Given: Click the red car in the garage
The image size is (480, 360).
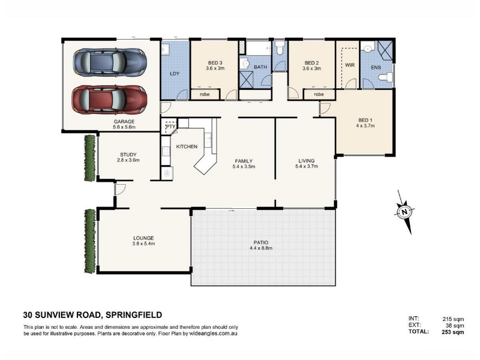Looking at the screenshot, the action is (109, 100).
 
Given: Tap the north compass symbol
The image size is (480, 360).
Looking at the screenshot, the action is (405, 212).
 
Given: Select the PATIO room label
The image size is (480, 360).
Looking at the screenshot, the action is (261, 242).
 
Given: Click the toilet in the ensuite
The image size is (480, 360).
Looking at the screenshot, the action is (386, 77).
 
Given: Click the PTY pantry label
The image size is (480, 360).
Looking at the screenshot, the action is (170, 127).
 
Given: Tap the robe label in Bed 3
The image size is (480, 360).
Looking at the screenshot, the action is (205, 94).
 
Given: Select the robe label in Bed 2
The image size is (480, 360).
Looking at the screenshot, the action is (319, 94).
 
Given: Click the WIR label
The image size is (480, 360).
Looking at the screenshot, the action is (350, 65).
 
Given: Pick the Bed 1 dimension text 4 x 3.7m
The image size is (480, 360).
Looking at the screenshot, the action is (365, 125).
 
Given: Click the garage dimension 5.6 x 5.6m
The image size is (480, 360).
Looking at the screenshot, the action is (124, 127).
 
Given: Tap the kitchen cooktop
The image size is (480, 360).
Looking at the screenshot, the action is (166, 151).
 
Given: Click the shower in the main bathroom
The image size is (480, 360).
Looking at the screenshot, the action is (246, 80).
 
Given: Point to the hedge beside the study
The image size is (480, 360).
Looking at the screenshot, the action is (89, 158).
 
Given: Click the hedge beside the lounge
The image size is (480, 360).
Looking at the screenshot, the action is (89, 241).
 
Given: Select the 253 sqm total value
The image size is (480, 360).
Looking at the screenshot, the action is (453, 332).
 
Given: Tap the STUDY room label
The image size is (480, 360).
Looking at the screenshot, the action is (128, 155).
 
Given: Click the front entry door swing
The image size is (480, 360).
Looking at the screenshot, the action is (120, 189).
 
